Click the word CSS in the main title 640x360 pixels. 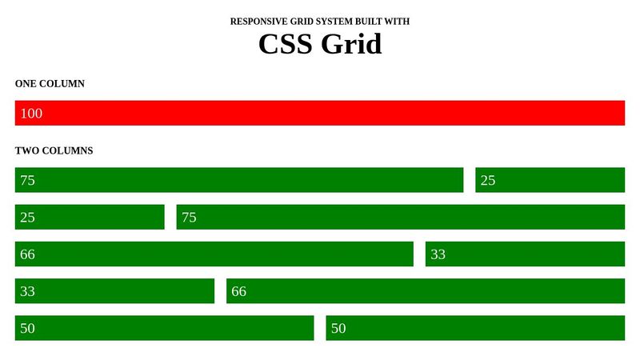[x=286, y=44]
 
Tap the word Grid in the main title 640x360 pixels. [x=351, y=44]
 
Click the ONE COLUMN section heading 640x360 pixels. [x=50, y=83]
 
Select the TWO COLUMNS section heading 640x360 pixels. [x=54, y=150]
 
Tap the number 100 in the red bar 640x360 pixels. [x=31, y=114]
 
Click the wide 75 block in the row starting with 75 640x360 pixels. [x=239, y=180]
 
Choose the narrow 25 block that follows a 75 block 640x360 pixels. [x=550, y=180]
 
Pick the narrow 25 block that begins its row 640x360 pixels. [x=90, y=217]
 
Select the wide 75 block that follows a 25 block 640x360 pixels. [x=400, y=217]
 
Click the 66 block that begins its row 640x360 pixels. [x=214, y=254]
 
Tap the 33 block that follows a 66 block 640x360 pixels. [x=525, y=254]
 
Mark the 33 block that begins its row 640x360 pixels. [x=114, y=291]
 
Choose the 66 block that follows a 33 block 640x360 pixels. [x=425, y=291]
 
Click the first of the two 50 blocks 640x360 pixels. [x=164, y=328]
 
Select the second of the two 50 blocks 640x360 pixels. [x=475, y=328]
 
